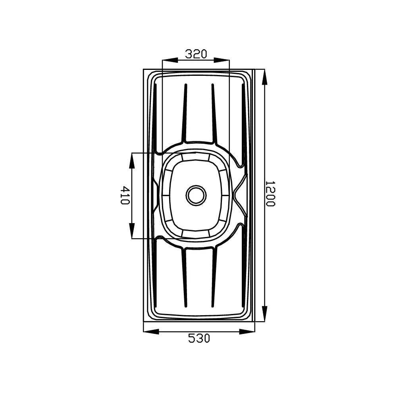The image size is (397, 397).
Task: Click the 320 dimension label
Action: (196, 54)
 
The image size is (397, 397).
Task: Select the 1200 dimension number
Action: (270, 193)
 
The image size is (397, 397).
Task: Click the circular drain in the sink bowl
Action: (196, 195)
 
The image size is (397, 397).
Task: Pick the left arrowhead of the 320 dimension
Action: (170, 60)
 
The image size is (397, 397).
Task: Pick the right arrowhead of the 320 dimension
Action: (222, 60)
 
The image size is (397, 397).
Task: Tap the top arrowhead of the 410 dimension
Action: (132, 161)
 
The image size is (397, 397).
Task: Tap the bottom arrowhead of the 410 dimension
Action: (132, 231)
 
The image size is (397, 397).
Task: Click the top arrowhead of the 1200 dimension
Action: (264, 77)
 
